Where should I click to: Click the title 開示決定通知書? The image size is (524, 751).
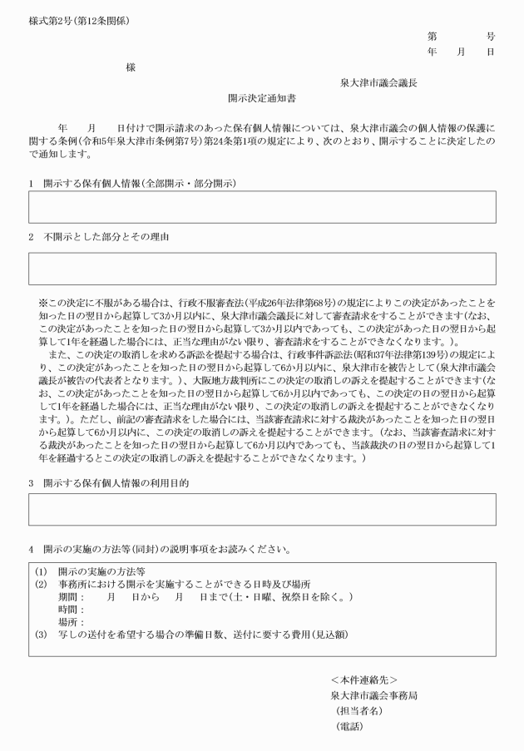[x=262, y=97]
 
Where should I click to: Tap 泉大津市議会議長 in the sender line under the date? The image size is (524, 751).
[x=378, y=82]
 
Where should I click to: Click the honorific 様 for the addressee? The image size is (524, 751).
[x=131, y=67]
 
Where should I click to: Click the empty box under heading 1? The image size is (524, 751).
[x=262, y=207]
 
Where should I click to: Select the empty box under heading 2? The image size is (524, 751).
[x=262, y=269]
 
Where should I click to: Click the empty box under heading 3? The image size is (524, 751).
[x=262, y=509]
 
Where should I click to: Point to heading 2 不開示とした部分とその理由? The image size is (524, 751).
[x=104, y=237]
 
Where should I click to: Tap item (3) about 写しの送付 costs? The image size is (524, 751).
[x=191, y=635]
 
